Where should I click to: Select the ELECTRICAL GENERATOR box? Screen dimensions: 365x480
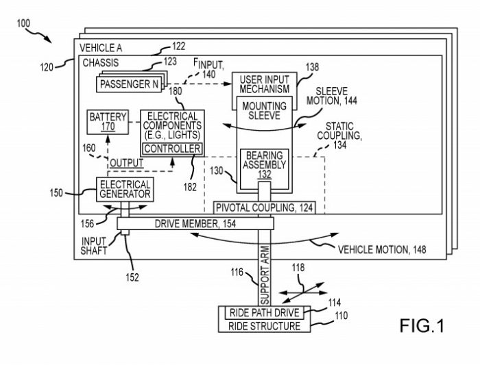(125, 189)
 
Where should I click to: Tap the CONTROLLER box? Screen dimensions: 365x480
(171, 149)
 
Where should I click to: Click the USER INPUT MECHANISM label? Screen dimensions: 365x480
(264, 84)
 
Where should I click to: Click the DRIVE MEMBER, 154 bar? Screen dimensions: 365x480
(195, 224)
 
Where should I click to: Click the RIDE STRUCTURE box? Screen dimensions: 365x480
(264, 326)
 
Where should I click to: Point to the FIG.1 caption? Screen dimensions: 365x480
(421, 326)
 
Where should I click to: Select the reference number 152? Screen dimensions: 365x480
(132, 277)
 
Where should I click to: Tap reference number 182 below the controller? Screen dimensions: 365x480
(191, 186)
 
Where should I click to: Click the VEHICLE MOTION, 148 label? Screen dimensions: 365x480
(381, 249)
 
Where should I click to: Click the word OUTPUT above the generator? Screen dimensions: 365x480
(128, 163)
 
